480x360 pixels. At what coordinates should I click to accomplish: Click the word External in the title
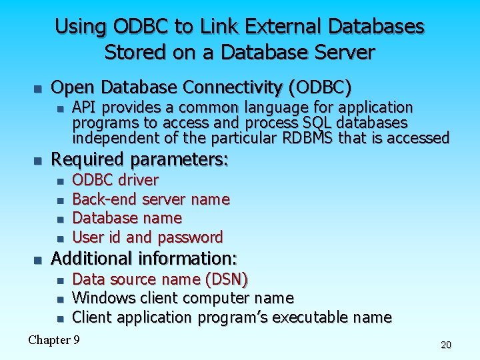pyautogui.click(x=277, y=27)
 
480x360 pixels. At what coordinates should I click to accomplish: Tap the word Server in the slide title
pyautogui.click(x=342, y=52)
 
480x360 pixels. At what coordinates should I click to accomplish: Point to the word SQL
pyautogui.click(x=318, y=123)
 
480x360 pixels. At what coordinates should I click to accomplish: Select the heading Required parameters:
pyautogui.click(x=140, y=159)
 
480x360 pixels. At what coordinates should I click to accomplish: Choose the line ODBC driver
pyautogui.click(x=115, y=180)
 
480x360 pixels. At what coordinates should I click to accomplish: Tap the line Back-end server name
pyautogui.click(x=151, y=199)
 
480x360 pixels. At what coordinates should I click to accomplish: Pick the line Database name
pyautogui.click(x=127, y=218)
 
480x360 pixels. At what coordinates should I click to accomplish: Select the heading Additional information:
pyautogui.click(x=145, y=258)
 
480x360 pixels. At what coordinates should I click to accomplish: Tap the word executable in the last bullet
pyautogui.click(x=311, y=317)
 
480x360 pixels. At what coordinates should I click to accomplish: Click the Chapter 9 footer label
pyautogui.click(x=54, y=340)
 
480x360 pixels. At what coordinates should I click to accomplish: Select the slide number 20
pyautogui.click(x=446, y=345)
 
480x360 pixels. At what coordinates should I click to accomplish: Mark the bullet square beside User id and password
pyautogui.click(x=59, y=238)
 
